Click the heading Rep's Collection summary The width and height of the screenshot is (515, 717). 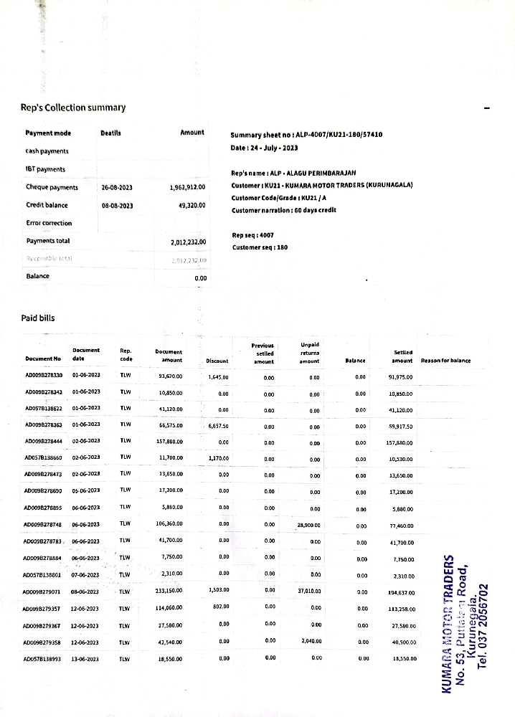click(x=73, y=108)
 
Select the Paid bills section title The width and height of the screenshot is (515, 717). click(x=37, y=318)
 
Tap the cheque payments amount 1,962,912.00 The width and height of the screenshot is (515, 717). click(x=187, y=187)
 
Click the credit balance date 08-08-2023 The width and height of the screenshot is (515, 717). click(x=118, y=205)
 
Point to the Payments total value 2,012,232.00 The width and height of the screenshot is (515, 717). click(x=188, y=242)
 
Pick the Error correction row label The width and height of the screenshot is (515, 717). click(x=49, y=223)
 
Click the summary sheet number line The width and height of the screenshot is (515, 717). click(x=306, y=135)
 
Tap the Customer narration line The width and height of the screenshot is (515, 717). click(x=283, y=210)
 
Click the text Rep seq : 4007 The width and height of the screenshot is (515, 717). click(x=253, y=235)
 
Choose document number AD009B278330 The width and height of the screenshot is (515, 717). click(x=44, y=375)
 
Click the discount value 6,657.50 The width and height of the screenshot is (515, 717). click(x=218, y=425)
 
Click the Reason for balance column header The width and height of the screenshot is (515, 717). click(x=445, y=360)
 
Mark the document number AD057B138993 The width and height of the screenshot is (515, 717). click(x=43, y=658)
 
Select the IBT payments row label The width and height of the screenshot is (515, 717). click(x=45, y=169)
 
